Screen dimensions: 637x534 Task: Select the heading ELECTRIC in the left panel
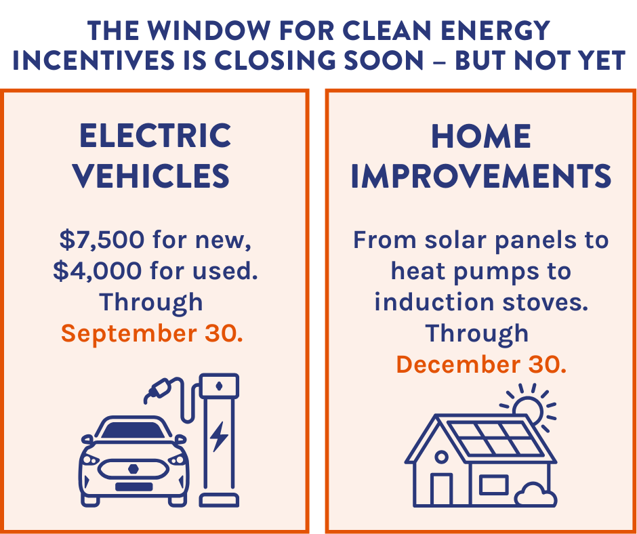(x=155, y=136)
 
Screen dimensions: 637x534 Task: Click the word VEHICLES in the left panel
(x=151, y=176)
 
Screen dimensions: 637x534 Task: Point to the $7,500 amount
(x=102, y=239)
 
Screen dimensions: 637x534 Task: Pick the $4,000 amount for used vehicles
(x=98, y=270)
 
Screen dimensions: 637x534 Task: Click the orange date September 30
(x=152, y=333)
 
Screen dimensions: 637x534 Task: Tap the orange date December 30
(x=481, y=364)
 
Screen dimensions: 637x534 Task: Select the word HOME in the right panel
(x=481, y=136)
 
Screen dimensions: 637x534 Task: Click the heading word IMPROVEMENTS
(x=481, y=176)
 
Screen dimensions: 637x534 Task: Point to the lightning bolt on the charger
(x=219, y=437)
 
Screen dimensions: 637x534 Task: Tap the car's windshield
(x=133, y=430)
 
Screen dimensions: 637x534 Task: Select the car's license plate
(x=134, y=487)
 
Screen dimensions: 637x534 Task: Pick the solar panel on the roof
(x=495, y=438)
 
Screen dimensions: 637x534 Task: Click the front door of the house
(x=442, y=490)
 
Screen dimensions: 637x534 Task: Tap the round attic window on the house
(x=442, y=457)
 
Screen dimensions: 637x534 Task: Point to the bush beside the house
(x=535, y=495)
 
